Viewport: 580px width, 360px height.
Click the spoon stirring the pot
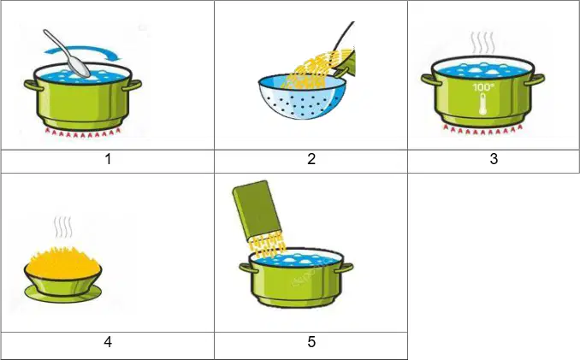(68, 53)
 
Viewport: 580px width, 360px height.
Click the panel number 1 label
(108, 159)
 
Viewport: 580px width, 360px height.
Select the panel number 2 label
(311, 159)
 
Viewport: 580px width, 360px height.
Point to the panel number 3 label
(494, 159)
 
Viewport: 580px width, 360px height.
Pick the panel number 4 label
(108, 342)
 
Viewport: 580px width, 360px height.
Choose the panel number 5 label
(311, 342)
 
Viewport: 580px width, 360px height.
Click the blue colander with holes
(302, 97)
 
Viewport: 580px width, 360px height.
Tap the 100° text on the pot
(483, 87)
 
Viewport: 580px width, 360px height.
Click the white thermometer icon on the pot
(483, 103)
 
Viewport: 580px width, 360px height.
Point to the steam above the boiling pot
(482, 44)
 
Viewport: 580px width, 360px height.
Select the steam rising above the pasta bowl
(62, 227)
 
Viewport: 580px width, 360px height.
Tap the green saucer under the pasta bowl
(63, 293)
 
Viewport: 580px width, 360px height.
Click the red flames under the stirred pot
(83, 132)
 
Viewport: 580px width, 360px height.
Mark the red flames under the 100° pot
(482, 129)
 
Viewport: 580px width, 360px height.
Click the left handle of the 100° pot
(429, 80)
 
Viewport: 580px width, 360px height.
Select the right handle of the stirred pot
(132, 86)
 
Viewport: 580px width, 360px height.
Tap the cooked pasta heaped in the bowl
(63, 262)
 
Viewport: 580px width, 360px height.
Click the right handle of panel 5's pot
(345, 268)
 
